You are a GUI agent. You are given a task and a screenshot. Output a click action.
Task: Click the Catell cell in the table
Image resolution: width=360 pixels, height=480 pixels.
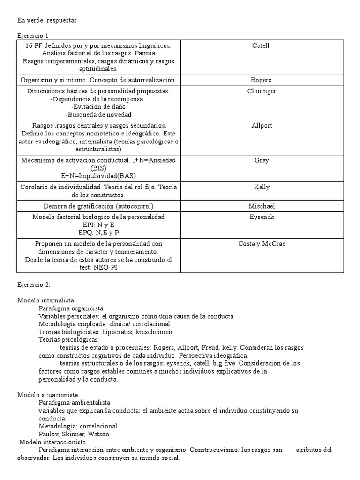click(x=261, y=45)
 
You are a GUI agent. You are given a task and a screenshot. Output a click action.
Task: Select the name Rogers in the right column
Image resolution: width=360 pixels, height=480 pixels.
click(x=261, y=80)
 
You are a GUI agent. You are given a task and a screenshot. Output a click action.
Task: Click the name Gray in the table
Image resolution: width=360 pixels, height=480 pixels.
click(x=261, y=160)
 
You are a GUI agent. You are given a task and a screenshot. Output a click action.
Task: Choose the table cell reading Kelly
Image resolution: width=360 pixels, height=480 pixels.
click(x=261, y=187)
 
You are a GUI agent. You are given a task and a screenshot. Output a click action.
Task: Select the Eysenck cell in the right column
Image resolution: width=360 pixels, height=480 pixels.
click(x=261, y=217)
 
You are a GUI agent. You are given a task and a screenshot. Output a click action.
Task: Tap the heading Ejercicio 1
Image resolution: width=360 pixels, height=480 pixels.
click(x=33, y=36)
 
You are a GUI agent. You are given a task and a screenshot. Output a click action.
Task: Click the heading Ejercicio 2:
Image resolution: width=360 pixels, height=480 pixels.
click(x=34, y=285)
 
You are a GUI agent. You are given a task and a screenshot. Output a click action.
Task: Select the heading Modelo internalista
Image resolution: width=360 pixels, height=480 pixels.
click(x=45, y=300)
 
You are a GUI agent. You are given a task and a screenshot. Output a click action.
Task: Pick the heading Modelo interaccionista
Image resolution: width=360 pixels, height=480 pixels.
click(x=52, y=442)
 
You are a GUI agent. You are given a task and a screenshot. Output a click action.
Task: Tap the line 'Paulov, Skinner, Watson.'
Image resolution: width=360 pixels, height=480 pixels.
click(x=75, y=434)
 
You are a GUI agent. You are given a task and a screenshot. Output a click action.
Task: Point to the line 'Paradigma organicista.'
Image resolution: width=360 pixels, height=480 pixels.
click(x=72, y=308)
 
